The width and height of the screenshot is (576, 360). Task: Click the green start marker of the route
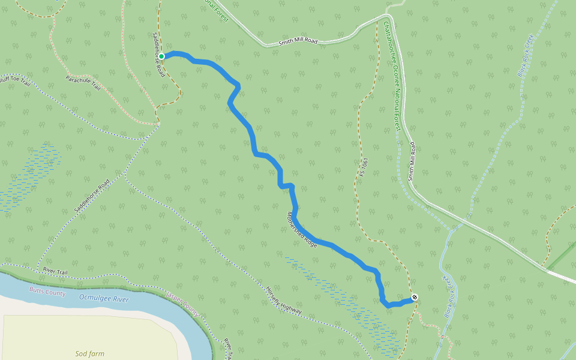point(161,56)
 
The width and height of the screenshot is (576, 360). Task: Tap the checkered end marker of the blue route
point(415,298)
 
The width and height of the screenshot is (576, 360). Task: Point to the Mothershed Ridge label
point(301,229)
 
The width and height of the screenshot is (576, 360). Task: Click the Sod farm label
point(90,354)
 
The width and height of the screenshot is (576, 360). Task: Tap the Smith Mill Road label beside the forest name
point(412,161)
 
